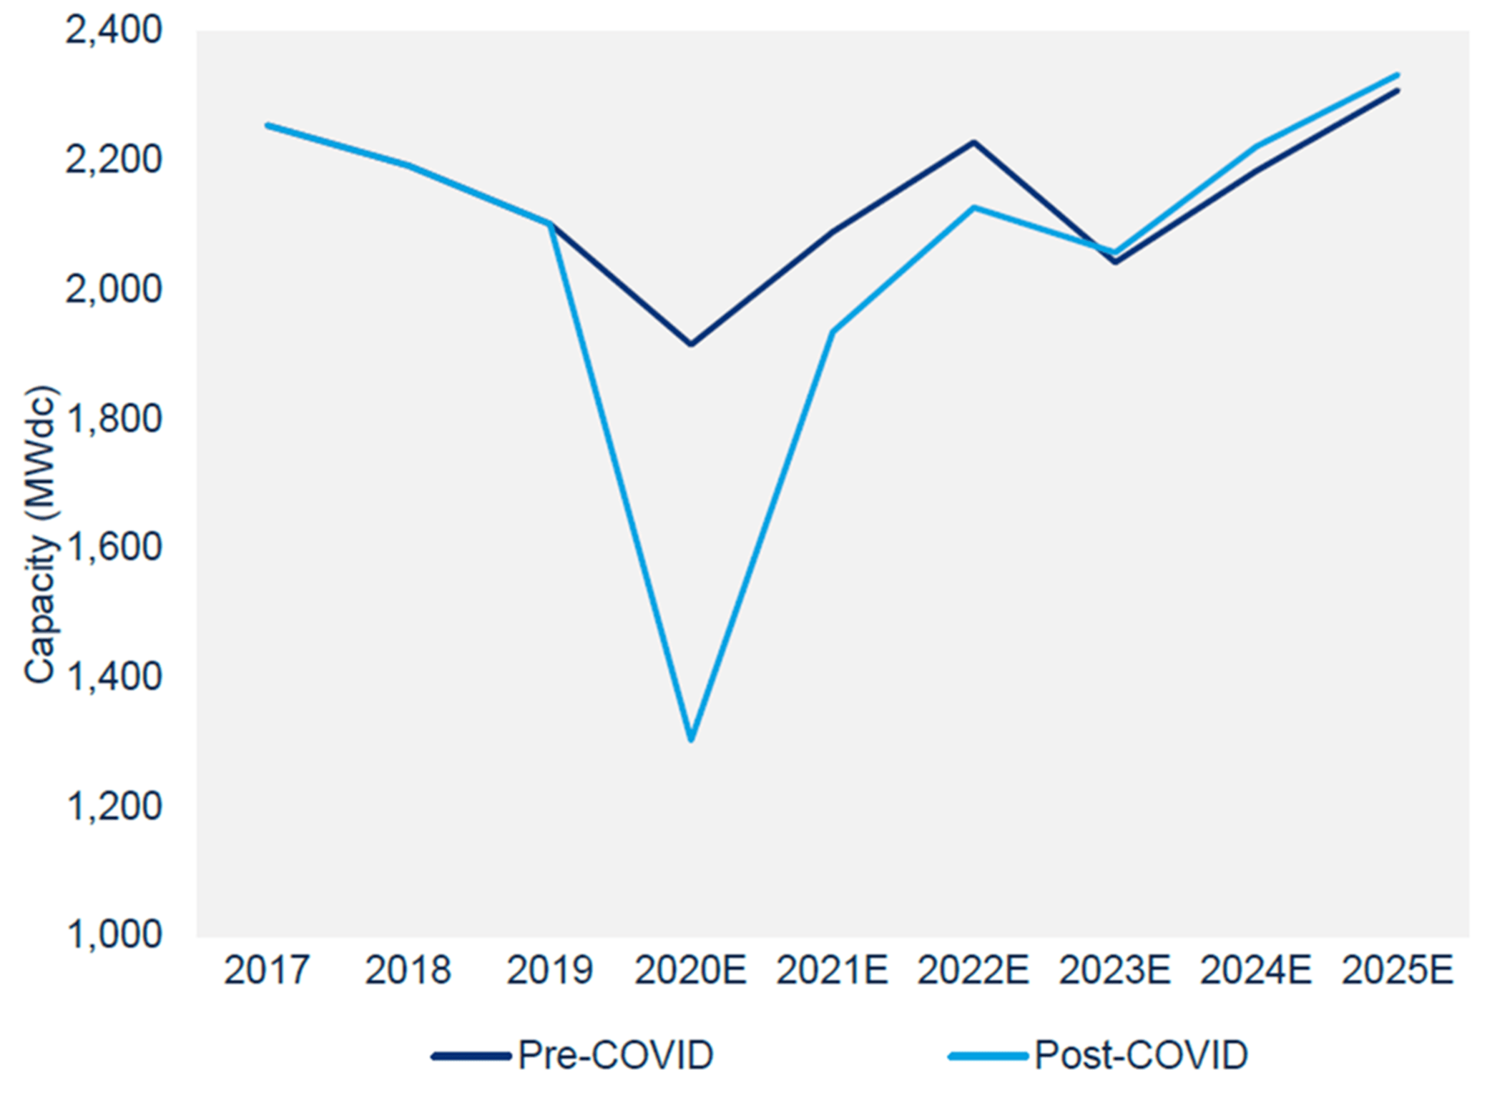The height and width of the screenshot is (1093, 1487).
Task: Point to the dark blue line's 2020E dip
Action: [x=691, y=345]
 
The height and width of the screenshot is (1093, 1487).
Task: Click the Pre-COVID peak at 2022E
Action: [x=973, y=142]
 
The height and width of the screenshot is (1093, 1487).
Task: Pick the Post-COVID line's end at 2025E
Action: [x=1397, y=74]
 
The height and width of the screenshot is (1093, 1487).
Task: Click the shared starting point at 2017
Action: [x=268, y=126]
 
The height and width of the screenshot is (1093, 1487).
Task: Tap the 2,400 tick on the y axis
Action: [x=114, y=31]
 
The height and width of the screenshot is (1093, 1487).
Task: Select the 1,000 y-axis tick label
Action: [x=114, y=934]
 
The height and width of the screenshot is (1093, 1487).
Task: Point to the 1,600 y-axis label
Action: [x=114, y=548]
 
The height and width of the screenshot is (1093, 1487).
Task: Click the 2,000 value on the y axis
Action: [x=114, y=290]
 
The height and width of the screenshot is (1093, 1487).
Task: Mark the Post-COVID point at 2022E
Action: [x=973, y=208]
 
